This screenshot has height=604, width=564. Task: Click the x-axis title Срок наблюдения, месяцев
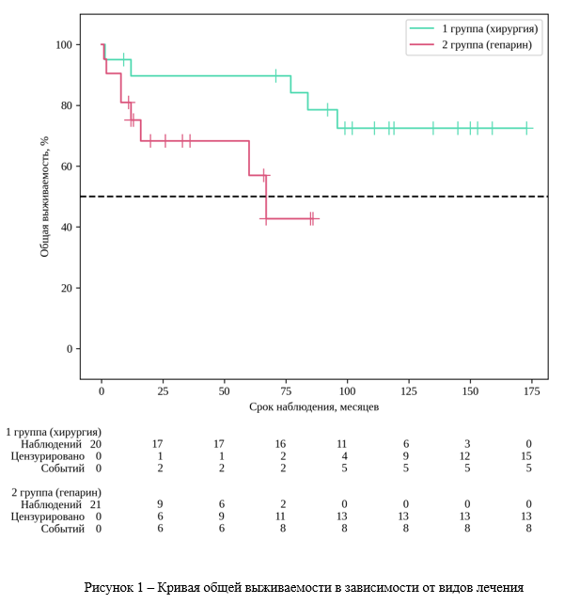tap(314, 406)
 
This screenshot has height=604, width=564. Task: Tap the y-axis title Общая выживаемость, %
tap(44, 197)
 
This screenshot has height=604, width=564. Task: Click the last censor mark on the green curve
tap(526, 129)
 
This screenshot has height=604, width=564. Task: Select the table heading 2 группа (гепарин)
tap(55, 492)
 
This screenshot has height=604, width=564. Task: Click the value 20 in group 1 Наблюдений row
tap(96, 443)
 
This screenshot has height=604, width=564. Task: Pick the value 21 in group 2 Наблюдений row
tap(96, 504)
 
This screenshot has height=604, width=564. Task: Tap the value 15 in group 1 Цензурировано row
tap(530, 455)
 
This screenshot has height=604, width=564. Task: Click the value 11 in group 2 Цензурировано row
tap(281, 517)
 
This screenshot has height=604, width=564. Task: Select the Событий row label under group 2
tap(62, 529)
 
